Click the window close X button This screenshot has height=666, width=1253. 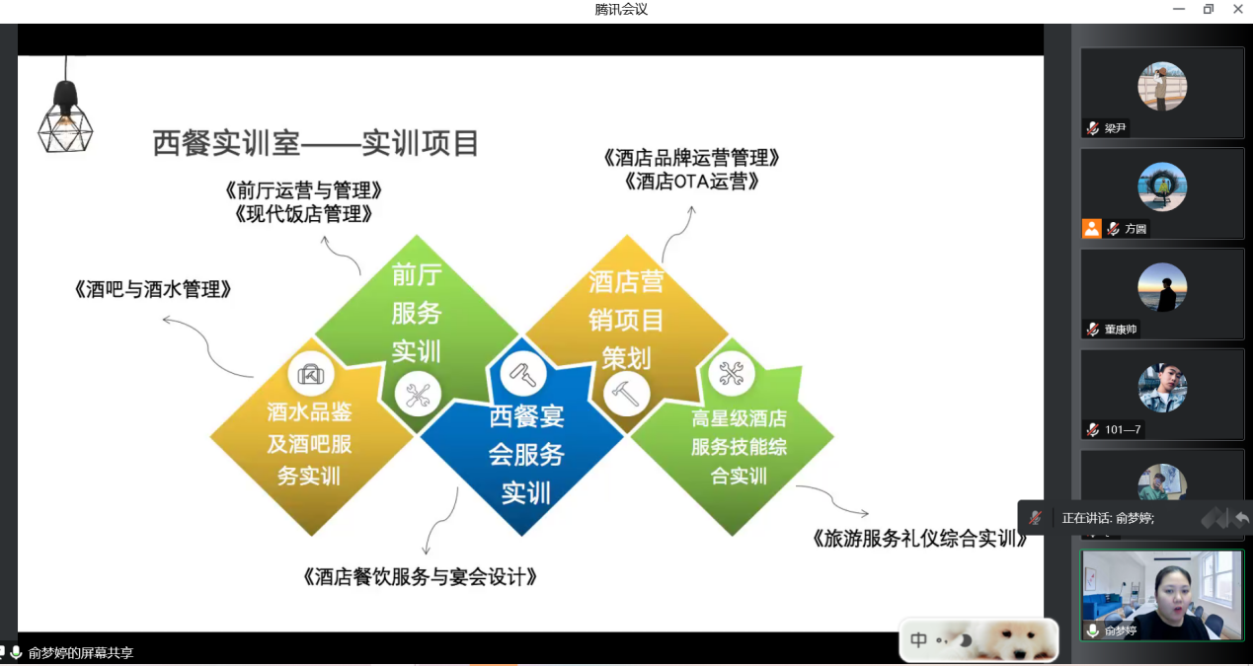[x=1238, y=9]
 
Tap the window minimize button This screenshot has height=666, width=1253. [x=1179, y=9]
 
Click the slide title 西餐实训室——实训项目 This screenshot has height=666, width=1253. [x=316, y=143]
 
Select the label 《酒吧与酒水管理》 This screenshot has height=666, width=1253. [x=152, y=290]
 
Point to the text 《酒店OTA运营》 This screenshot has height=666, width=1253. [x=691, y=182]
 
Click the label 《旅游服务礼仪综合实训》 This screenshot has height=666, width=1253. [x=918, y=538]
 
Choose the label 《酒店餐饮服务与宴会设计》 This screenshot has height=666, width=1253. [x=420, y=576]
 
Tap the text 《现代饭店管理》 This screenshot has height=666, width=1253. [x=303, y=213]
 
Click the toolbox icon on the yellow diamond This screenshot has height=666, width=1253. [x=311, y=374]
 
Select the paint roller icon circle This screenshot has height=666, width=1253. [x=523, y=374]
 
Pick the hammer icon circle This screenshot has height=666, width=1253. [x=626, y=395]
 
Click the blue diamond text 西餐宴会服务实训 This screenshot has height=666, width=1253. [x=526, y=454]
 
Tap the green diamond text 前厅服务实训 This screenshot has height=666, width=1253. [x=417, y=313]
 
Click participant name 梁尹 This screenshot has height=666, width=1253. [x=1115, y=128]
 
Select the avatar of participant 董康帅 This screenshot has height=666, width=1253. [x=1162, y=287]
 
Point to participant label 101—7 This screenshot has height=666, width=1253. [x=1123, y=429]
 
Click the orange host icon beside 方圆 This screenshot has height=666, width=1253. [x=1091, y=229]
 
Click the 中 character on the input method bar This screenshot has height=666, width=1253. [x=918, y=639]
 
